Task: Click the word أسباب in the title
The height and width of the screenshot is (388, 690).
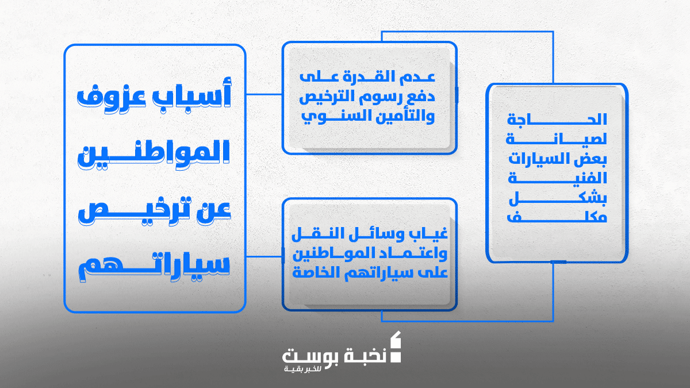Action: coord(191,94)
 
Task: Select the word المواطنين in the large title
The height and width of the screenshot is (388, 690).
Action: coord(154,153)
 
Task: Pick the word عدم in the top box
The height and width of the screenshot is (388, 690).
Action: coord(417,77)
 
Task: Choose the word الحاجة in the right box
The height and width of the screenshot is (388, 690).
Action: coord(557,119)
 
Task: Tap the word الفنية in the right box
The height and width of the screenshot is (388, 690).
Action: coord(557,178)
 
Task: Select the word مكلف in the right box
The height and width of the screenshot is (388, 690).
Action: coord(557,218)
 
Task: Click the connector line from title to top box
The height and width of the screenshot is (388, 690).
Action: coord(264,94)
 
